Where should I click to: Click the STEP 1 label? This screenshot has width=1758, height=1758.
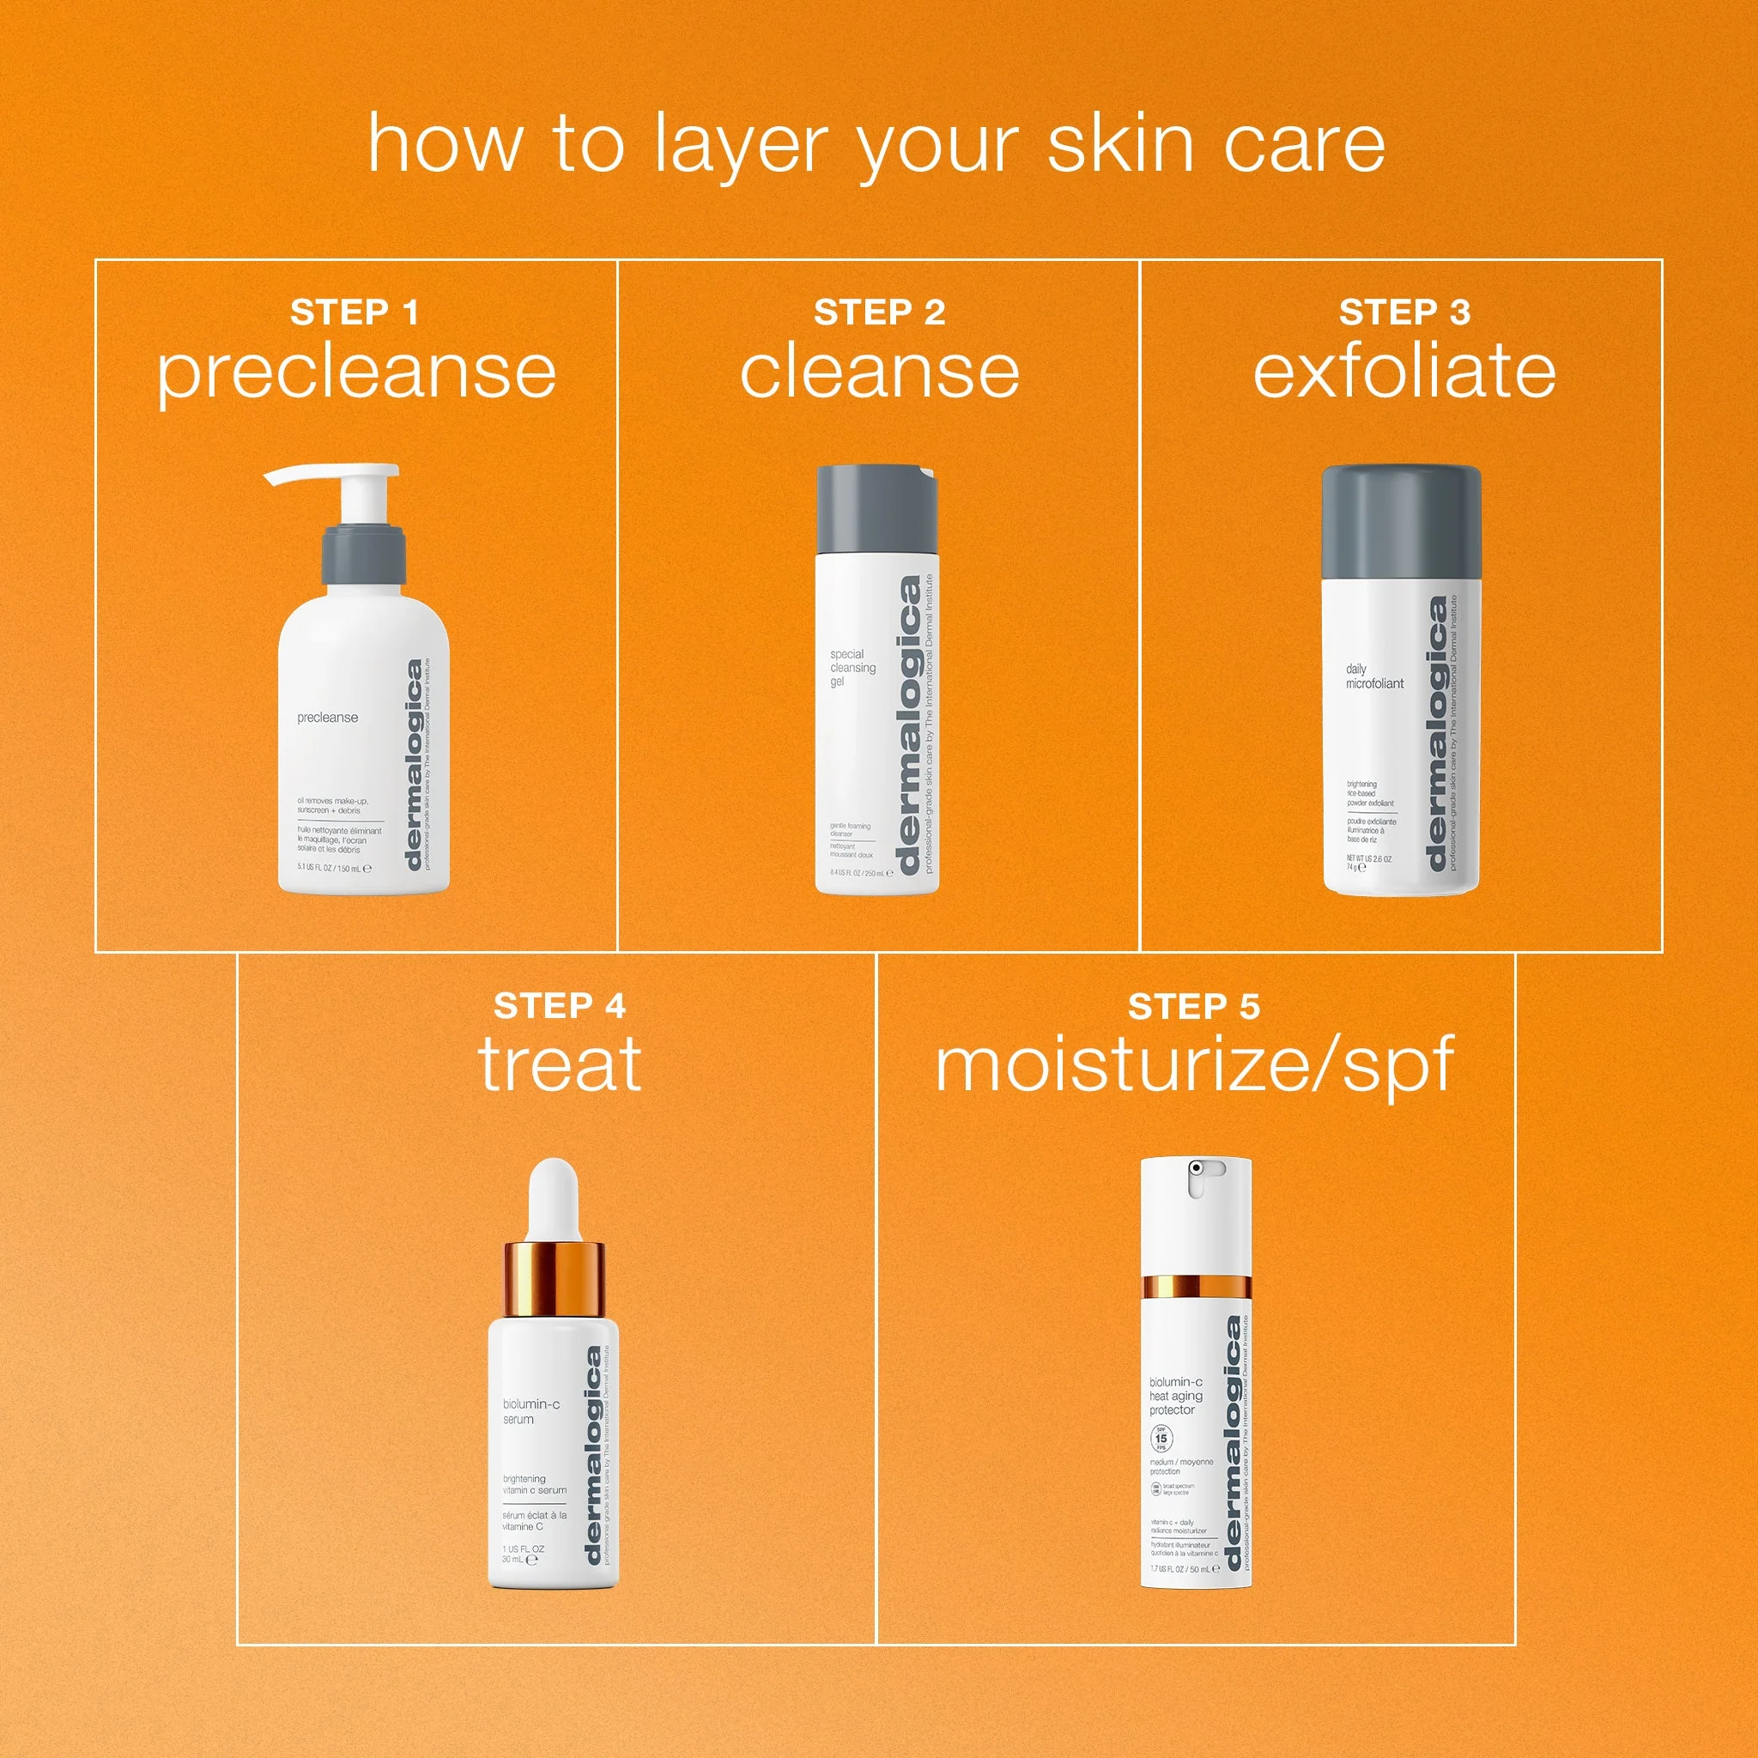[355, 312]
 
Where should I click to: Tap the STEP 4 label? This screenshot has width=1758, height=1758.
[559, 1005]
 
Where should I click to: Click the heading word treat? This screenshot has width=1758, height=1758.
[559, 1064]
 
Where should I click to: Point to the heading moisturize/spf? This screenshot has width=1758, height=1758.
[1194, 1065]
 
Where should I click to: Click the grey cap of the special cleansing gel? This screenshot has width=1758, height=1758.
[876, 509]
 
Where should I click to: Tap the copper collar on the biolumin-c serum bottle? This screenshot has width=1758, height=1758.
[555, 1277]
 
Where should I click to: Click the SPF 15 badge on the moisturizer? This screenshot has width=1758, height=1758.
[1162, 1439]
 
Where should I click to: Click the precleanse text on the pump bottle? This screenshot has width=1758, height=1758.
[328, 717]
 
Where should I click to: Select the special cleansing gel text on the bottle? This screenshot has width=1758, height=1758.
[852, 667]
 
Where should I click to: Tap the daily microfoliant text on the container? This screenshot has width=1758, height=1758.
[1374, 676]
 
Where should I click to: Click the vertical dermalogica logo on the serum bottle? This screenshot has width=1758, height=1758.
[593, 1456]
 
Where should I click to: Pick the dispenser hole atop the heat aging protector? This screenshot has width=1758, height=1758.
[1195, 1167]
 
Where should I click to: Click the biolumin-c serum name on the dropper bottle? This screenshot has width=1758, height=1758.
[530, 1411]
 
